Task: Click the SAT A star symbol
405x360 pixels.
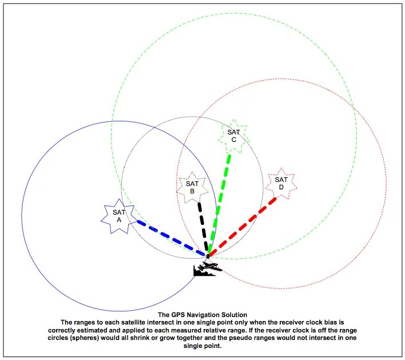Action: pyautogui.click(x=118, y=216)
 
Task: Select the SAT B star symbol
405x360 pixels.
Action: pyautogui.click(x=192, y=187)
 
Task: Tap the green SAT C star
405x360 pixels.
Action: pyautogui.click(x=233, y=136)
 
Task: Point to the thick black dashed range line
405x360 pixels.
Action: pyautogui.click(x=202, y=226)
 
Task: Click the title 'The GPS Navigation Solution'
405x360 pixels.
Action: pyautogui.click(x=202, y=315)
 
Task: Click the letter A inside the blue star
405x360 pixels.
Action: pyautogui.click(x=118, y=220)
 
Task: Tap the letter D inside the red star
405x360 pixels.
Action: pyautogui.click(x=281, y=188)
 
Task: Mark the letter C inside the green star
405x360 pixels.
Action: pyautogui.click(x=233, y=140)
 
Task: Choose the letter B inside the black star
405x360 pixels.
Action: pyautogui.click(x=193, y=191)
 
